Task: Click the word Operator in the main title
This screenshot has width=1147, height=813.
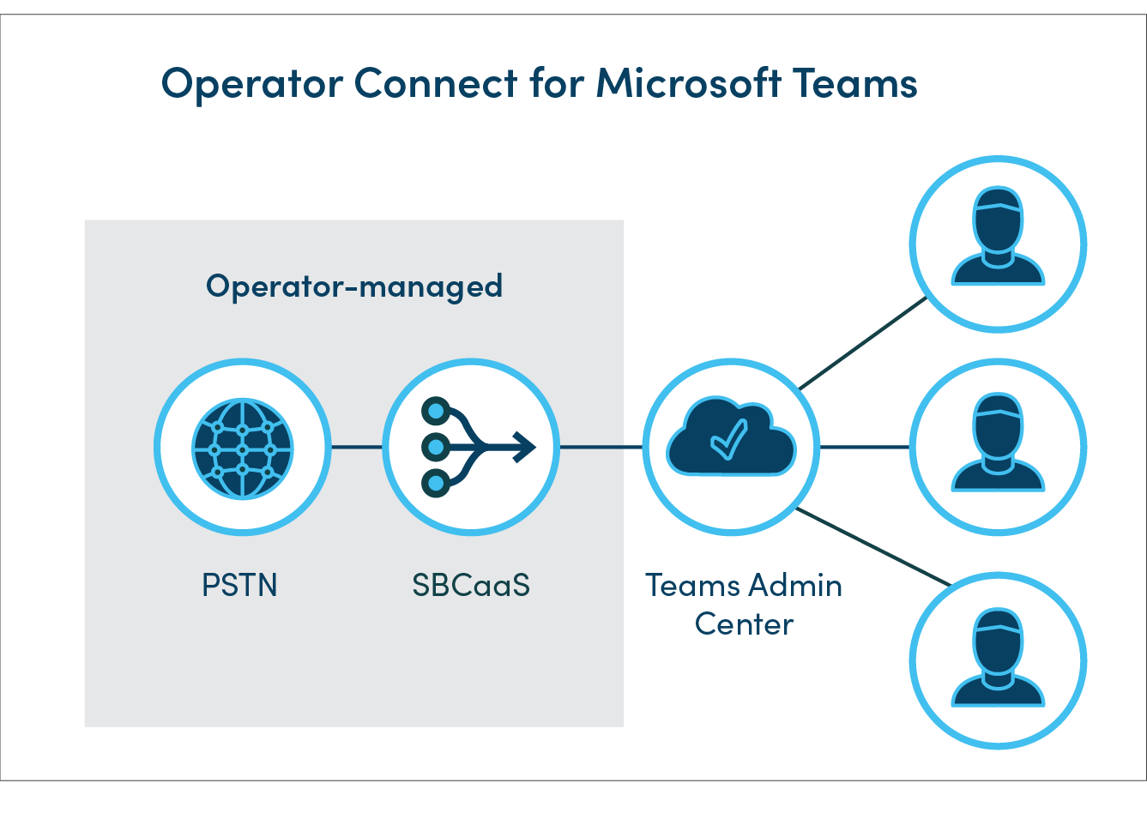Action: click(x=252, y=85)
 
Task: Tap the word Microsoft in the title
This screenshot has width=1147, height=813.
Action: click(x=688, y=83)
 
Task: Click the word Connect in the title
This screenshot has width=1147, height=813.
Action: click(x=436, y=83)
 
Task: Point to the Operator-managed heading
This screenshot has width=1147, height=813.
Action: click(x=353, y=286)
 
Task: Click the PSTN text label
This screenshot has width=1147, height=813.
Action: click(x=239, y=586)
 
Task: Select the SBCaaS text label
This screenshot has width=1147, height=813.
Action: click(x=470, y=586)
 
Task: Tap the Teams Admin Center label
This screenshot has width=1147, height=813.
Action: click(x=743, y=605)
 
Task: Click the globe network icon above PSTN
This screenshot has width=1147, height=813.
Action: click(x=243, y=448)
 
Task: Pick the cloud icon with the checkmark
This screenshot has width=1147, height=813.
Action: click(x=731, y=438)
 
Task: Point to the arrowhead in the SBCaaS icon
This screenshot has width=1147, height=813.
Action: click(x=524, y=447)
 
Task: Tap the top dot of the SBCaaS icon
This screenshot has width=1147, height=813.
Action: click(x=436, y=411)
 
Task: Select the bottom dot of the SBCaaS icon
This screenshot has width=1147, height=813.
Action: click(x=436, y=484)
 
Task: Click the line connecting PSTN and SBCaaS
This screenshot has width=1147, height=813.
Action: click(x=356, y=447)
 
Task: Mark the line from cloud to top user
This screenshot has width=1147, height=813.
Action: click(x=862, y=343)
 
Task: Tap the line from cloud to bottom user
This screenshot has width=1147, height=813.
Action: click(x=872, y=546)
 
